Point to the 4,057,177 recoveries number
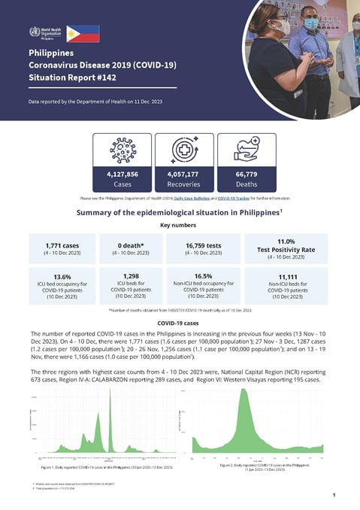180,173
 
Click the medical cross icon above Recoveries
180,148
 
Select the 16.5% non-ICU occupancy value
210,275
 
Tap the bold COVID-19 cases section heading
180,323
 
